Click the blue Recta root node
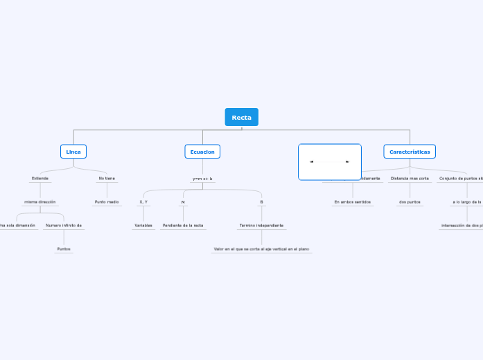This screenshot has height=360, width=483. click(x=241, y=117)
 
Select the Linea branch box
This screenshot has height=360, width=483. click(x=73, y=152)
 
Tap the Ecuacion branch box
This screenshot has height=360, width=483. click(x=202, y=152)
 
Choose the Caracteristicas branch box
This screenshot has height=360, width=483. click(x=409, y=152)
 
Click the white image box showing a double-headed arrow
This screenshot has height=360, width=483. click(x=329, y=162)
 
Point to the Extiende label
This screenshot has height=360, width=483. click(x=40, y=178)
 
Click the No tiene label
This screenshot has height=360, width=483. click(x=107, y=178)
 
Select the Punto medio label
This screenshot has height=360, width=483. click(x=107, y=202)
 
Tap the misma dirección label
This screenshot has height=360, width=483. click(x=40, y=202)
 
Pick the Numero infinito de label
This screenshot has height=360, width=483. click(x=64, y=225)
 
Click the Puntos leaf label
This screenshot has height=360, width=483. click(x=64, y=249)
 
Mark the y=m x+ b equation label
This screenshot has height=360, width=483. click(x=202, y=179)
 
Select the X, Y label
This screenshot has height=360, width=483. click(x=143, y=202)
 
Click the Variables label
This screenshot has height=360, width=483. click(x=143, y=226)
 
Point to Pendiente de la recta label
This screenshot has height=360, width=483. click(x=183, y=226)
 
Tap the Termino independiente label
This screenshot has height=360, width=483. click(x=261, y=226)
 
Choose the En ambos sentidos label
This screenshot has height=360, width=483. click(x=352, y=202)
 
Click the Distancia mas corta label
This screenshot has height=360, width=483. click(x=410, y=178)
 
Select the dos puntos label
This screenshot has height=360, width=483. click(x=410, y=202)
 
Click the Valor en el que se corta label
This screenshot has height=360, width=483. click(x=261, y=249)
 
